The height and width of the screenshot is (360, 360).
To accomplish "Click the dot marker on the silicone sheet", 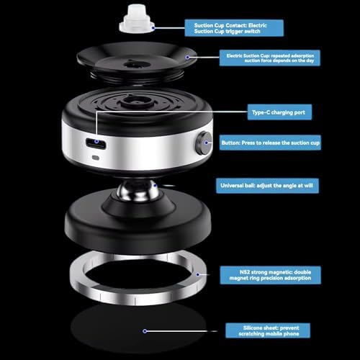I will tap(145, 331).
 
